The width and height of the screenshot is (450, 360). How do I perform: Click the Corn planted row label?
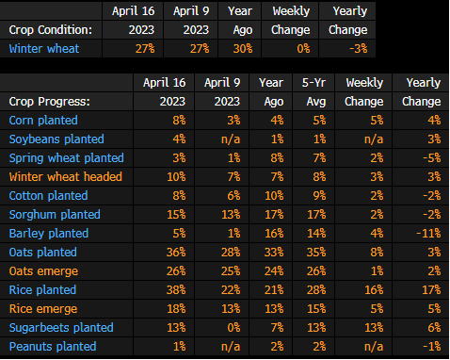pyautogui.click(x=43, y=121)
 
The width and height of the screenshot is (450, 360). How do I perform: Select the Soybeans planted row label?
pyautogui.click(x=56, y=139)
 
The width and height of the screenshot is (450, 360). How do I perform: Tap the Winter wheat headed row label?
pyautogui.click(x=66, y=177)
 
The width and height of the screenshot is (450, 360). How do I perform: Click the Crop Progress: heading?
pyautogui.click(x=50, y=102)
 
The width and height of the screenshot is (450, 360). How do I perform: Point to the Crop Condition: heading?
pyautogui.click(x=51, y=30)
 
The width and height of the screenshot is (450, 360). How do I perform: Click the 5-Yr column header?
pyautogui.click(x=313, y=83)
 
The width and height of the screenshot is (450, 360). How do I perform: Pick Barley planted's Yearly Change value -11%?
pyautogui.click(x=428, y=234)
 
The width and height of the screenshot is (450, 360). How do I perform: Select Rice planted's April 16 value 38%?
pyautogui.click(x=176, y=290)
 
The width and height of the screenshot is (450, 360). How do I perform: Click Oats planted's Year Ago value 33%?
pyautogui.click(x=274, y=253)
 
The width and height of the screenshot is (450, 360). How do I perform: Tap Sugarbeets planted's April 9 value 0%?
pyautogui.click(x=233, y=328)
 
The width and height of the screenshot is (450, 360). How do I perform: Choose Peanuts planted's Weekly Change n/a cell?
pyautogui.click(x=374, y=347)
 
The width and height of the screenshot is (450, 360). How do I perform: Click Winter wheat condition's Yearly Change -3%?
pyautogui.click(x=359, y=49)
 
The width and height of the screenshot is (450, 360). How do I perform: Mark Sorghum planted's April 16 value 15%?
pyautogui.click(x=176, y=215)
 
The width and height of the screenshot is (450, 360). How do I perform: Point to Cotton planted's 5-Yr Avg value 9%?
pyautogui.click(x=319, y=196)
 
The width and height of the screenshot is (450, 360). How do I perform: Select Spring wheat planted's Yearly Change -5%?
pyautogui.click(x=432, y=158)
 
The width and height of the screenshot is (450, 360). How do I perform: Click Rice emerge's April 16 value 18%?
pyautogui.click(x=176, y=309)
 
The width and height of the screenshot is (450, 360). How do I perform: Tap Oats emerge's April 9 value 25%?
pyautogui.click(x=231, y=271)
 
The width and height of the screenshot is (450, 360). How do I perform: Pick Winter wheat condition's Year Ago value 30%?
pyautogui.click(x=243, y=49)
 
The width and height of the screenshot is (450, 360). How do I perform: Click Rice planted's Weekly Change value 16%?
pyautogui.click(x=374, y=290)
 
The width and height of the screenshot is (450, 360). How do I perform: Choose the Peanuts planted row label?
pyautogui.click(x=53, y=347)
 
